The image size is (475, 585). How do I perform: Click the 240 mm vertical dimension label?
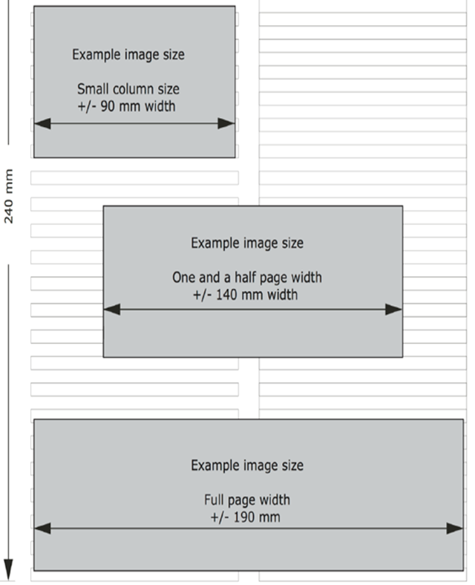[9, 197]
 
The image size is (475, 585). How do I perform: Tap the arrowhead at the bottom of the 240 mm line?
[9, 569]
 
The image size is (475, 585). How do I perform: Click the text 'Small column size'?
[128, 90]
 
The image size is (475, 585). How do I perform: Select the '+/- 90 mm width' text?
[126, 106]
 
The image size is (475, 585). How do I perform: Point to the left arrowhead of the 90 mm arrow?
[42, 123]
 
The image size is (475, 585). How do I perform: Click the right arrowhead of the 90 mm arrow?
[226, 123]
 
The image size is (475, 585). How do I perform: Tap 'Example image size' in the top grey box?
[128, 55]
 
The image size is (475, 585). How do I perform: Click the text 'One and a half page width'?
[247, 278]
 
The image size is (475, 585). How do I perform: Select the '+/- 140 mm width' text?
[246, 295]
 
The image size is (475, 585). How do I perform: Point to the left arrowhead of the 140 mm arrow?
[112, 310]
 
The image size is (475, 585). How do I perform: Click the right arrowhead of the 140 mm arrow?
[393, 310]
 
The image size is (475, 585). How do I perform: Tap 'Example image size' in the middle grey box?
[247, 244]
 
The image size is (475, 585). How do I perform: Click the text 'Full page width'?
[247, 500]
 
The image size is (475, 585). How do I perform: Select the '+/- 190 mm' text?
[246, 517]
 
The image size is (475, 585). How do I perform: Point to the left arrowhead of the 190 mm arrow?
[42, 529]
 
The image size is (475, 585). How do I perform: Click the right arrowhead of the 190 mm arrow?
[454, 529]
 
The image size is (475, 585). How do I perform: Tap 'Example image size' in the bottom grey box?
[247, 465]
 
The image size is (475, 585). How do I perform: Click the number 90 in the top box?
[108, 106]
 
